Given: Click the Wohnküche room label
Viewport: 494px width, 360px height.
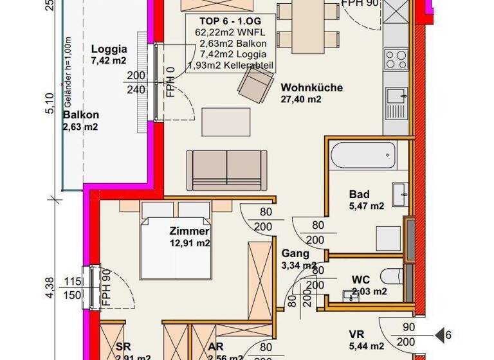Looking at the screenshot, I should pos(311,87).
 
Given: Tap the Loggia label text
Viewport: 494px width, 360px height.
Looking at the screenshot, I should pos(109,49).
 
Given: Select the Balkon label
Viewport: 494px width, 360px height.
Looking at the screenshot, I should pos(80,115).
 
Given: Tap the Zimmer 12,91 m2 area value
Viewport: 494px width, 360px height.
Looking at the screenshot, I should pos(189,243).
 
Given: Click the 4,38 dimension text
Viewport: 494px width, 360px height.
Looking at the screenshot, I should pos(50,287).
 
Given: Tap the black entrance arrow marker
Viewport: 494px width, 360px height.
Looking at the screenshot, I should pos(442,335).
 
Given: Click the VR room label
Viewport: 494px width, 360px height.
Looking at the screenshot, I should pos(357,334).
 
